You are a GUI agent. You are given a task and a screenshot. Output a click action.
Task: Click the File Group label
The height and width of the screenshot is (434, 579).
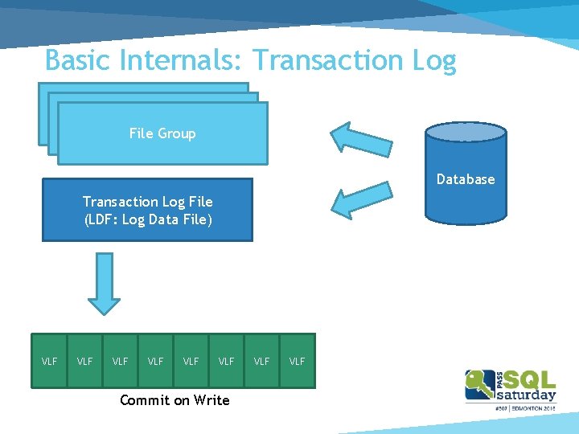[162, 133]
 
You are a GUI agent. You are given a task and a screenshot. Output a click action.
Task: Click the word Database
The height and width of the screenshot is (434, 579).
[466, 179]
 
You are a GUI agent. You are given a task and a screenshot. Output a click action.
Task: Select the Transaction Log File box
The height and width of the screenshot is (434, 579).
[147, 210]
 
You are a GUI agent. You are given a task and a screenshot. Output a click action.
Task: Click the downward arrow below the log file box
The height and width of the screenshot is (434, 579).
[104, 283]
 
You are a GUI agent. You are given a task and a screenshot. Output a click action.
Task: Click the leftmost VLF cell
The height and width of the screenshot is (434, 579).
[49, 362]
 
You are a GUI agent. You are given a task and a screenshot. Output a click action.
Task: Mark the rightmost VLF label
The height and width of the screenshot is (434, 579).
[297, 362]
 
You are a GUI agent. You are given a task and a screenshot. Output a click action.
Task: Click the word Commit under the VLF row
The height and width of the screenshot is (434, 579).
[145, 400]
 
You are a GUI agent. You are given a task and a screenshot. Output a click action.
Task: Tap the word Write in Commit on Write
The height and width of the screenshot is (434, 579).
[211, 400]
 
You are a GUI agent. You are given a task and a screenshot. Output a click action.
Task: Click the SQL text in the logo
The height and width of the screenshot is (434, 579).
[528, 379]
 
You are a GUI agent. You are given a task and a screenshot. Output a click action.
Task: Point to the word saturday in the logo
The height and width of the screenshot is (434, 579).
[527, 395]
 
